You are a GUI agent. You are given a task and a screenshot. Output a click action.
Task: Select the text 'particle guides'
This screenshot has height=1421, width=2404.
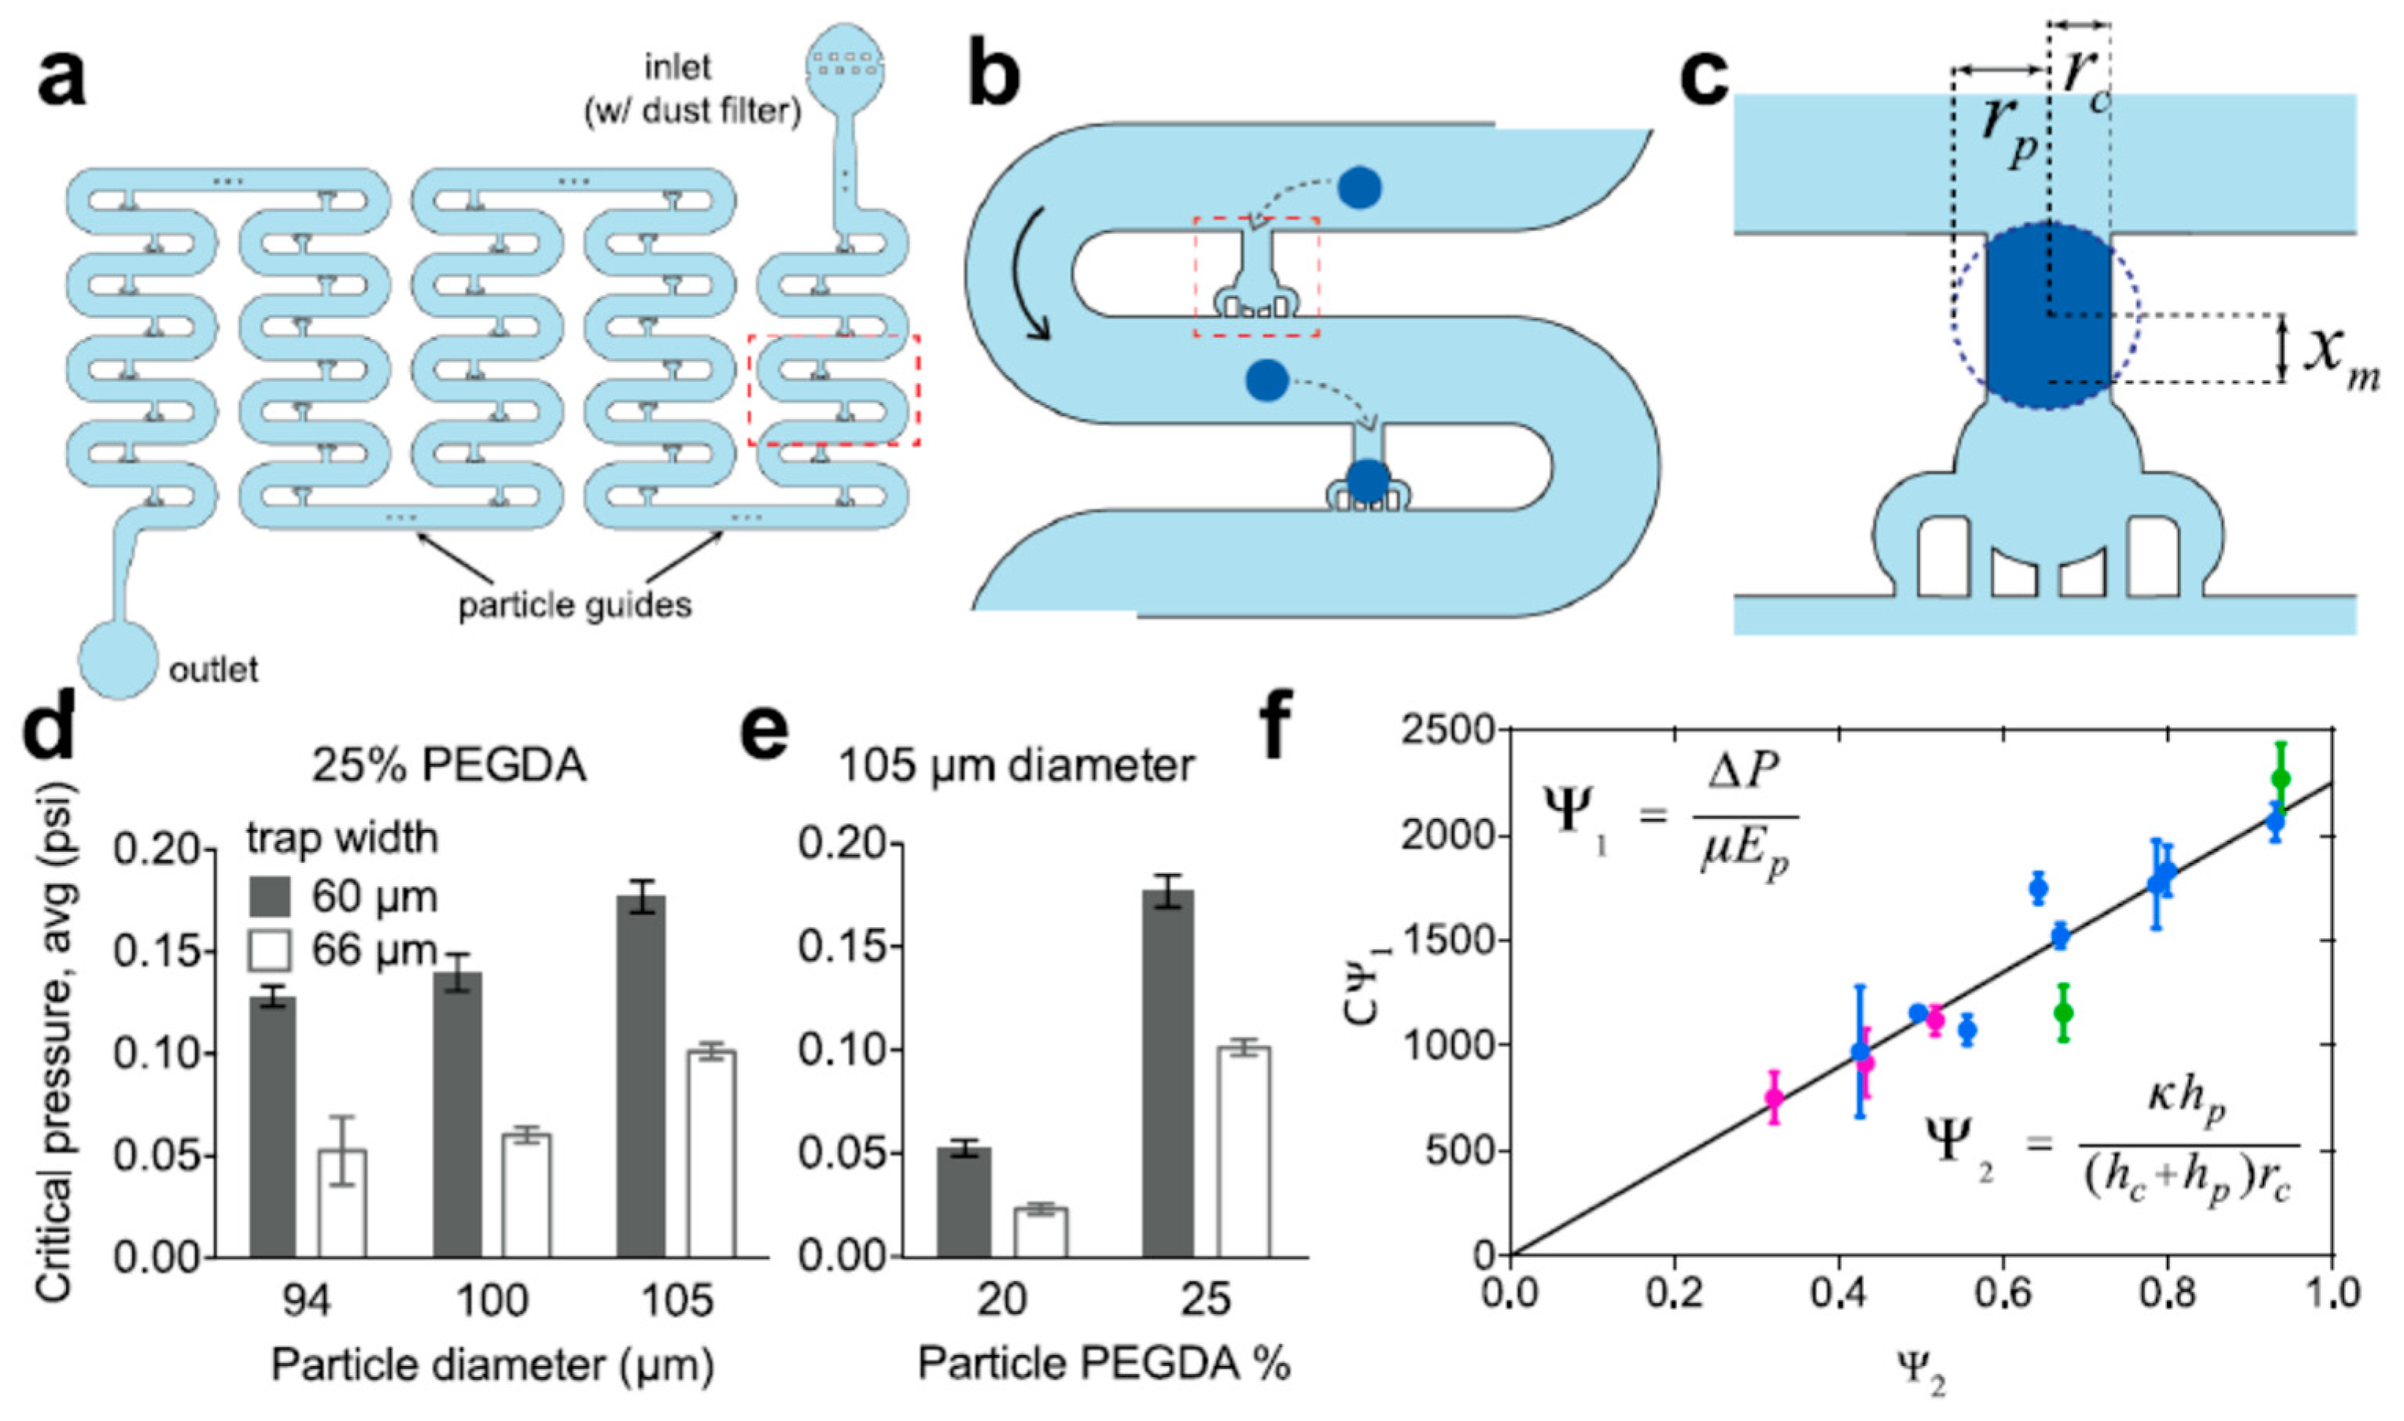pyautogui.click(x=575, y=605)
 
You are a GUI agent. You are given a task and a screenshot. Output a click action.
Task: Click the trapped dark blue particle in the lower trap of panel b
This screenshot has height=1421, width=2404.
pyautogui.click(x=1367, y=481)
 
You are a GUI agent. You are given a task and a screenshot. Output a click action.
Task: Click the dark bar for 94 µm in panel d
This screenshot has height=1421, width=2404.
pyautogui.click(x=273, y=1126)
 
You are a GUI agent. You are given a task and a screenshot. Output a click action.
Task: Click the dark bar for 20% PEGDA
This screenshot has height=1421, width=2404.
pyautogui.click(x=964, y=1202)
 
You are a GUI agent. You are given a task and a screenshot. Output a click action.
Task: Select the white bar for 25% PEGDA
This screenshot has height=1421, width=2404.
pyautogui.click(x=1244, y=1151)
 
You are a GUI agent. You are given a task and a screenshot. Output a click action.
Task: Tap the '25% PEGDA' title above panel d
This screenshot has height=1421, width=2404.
pyautogui.click(x=448, y=766)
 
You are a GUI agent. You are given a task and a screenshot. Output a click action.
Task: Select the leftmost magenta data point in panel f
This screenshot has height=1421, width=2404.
pyautogui.click(x=1774, y=1098)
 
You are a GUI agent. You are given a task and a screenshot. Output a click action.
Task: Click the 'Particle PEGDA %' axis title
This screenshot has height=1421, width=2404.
pyautogui.click(x=1104, y=1363)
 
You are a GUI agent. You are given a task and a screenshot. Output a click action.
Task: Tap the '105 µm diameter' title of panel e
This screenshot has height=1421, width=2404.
pyautogui.click(x=1016, y=766)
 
